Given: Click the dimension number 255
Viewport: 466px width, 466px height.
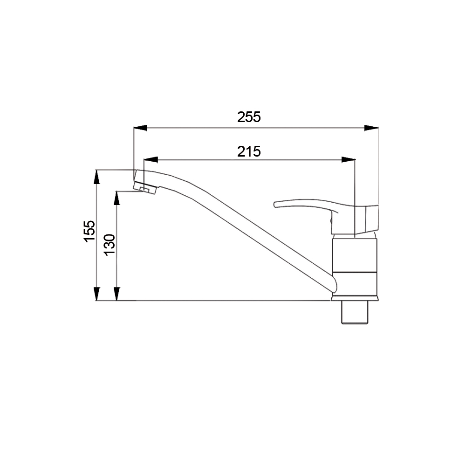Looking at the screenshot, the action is pyautogui.click(x=249, y=117).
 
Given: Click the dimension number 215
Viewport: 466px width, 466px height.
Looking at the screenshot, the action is pyautogui.click(x=249, y=151).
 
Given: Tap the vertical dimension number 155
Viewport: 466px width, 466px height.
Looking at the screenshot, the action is pyautogui.click(x=89, y=231).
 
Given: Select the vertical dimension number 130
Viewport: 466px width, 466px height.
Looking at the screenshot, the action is pyautogui.click(x=110, y=245).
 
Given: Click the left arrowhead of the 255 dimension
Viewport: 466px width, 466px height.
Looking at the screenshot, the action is pyautogui.click(x=140, y=128).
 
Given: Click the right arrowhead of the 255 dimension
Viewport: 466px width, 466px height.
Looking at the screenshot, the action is pyautogui.click(x=371, y=128).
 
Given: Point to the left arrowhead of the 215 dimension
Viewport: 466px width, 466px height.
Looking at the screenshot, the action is pyautogui.click(x=151, y=159).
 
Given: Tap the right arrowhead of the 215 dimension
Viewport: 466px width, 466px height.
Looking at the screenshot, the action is pyautogui.click(x=349, y=159).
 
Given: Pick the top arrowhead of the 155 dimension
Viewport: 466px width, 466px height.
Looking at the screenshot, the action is pyautogui.click(x=96, y=177).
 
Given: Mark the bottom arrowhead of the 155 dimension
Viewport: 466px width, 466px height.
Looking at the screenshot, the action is pyautogui.click(x=96, y=294).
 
